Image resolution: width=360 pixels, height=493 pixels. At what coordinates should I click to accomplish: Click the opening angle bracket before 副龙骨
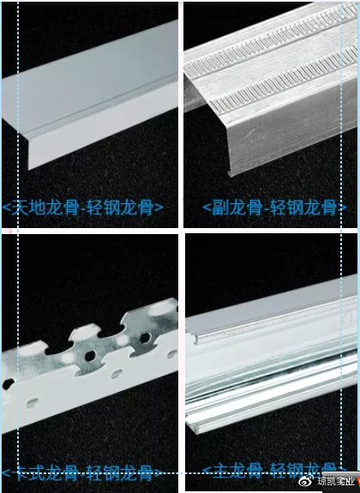206,208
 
